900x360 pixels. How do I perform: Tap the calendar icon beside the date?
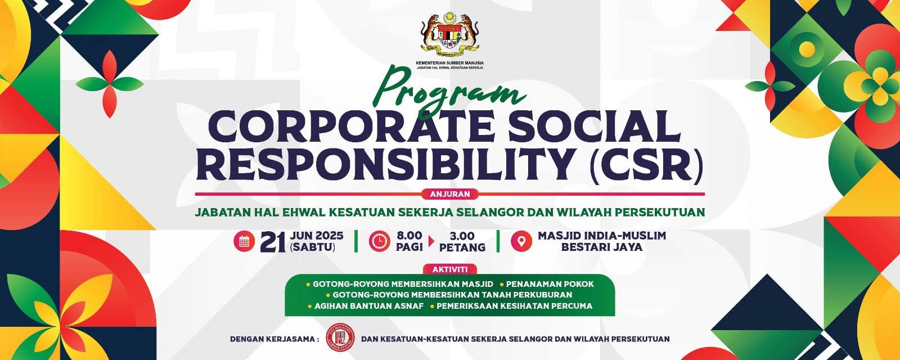coord(244,241)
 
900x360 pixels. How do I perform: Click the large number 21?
coord(273,242)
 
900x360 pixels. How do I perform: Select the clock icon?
coord(379,241)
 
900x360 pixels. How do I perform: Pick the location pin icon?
coord(521,241)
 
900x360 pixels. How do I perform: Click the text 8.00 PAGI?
coord(409,241)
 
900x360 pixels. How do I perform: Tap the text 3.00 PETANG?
coord(462,241)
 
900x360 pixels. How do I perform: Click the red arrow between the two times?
coord(431,241)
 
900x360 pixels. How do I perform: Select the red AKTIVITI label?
coord(450,269)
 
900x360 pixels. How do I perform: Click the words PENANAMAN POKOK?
coord(550,284)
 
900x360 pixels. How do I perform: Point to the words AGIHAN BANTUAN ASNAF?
coord(369,306)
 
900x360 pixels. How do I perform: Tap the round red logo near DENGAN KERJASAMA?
coord(340,338)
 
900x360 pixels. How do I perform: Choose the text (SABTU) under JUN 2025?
coord(312,247)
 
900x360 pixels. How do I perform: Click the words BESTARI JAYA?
coord(601,247)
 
